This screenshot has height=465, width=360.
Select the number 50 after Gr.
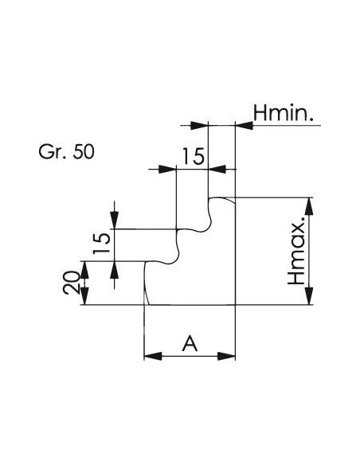(84, 151)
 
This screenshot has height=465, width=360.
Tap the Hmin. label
(284, 113)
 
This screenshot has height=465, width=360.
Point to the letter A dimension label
(190, 343)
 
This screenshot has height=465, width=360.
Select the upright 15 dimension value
(193, 156)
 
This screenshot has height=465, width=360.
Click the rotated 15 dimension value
(101, 244)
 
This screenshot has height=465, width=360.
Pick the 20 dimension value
(71, 283)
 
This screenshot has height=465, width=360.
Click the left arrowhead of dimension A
(153, 356)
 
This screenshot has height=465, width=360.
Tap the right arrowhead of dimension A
(226, 356)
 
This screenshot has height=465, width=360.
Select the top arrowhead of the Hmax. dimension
(309, 206)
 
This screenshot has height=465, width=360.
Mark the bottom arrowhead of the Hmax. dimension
(309, 295)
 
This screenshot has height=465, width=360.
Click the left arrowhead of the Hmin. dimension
(199, 126)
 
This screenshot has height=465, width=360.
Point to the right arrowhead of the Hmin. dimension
(245, 126)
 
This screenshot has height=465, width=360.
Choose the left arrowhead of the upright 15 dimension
(167, 170)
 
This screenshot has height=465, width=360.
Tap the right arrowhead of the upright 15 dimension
(217, 170)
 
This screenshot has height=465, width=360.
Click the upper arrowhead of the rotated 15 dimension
(115, 220)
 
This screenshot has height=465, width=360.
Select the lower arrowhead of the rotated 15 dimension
(115, 270)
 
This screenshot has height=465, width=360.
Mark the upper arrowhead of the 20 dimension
(84, 270)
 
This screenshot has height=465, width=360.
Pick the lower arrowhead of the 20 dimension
(84, 296)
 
